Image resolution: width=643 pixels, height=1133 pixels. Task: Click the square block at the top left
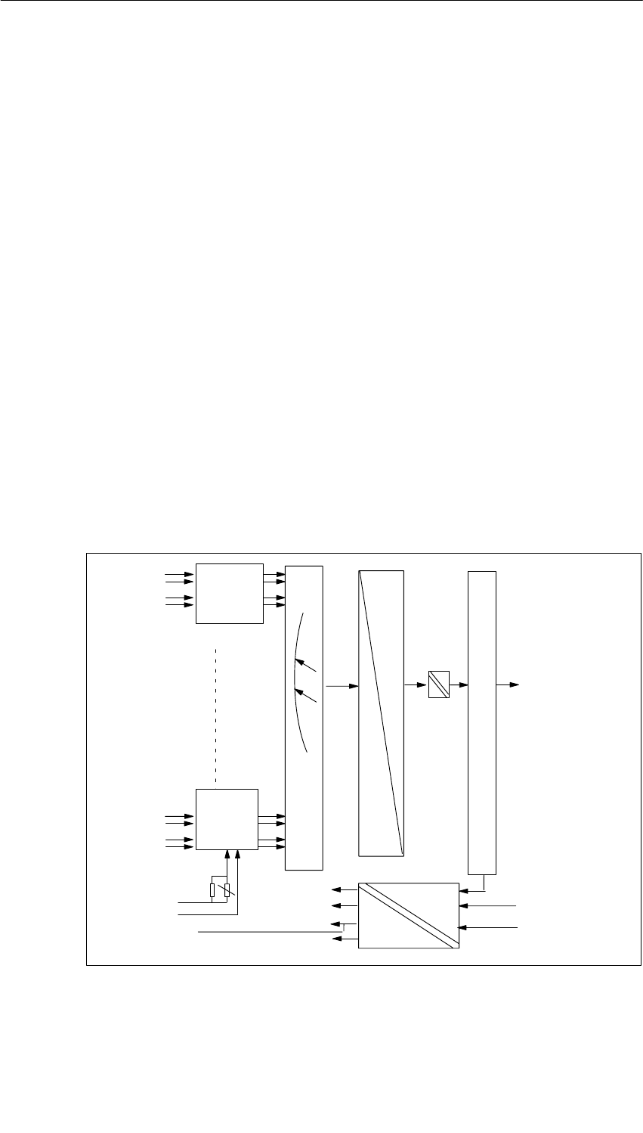230,593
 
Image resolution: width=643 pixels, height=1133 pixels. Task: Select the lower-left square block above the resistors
227,819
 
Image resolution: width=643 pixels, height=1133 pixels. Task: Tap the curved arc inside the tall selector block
294,681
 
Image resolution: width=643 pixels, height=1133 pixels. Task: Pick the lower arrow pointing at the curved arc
306,694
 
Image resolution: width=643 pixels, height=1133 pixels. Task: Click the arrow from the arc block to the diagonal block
342,686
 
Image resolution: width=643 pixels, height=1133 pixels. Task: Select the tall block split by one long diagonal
381,713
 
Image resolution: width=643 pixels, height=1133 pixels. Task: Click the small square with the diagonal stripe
439,684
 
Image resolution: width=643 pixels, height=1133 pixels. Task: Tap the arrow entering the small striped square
416,685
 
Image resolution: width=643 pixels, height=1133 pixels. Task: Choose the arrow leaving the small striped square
459,685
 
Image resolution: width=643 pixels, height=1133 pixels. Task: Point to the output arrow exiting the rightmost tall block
507,684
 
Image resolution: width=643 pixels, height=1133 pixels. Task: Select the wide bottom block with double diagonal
409,915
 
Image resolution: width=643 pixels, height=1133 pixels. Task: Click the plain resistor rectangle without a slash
213,890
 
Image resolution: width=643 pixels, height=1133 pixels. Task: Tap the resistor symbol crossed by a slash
227,890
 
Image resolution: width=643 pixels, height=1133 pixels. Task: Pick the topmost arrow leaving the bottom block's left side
346,889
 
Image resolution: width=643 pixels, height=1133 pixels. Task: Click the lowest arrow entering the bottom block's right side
487,927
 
